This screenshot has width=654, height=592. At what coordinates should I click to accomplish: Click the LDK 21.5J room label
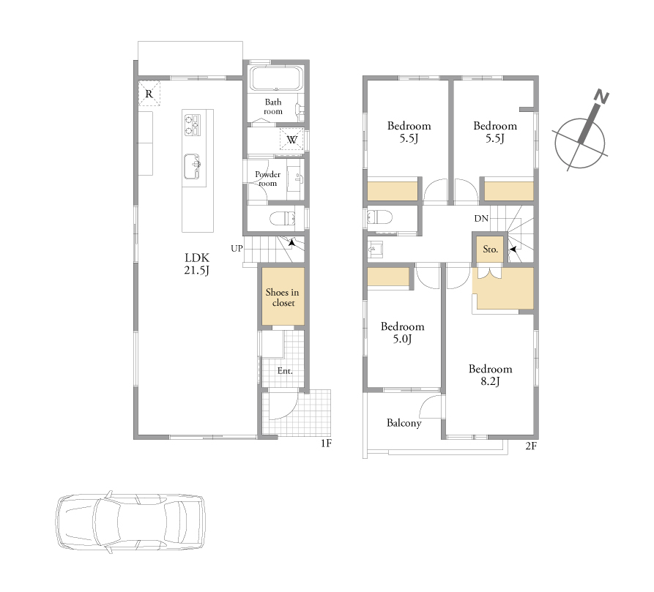click(196, 263)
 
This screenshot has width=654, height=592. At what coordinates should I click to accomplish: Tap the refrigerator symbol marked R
click(149, 94)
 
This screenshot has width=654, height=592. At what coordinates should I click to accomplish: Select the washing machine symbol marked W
click(291, 139)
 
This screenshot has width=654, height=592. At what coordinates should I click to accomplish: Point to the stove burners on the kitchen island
click(193, 125)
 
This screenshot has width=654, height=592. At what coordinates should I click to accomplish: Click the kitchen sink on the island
click(193, 166)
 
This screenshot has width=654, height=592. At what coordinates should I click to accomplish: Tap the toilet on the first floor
click(283, 218)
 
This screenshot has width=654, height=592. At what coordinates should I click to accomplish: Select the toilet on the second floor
click(379, 217)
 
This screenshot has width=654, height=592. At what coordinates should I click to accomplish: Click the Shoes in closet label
click(283, 297)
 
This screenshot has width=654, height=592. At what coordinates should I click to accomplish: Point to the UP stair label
click(237, 248)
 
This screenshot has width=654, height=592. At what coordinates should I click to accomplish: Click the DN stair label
click(481, 218)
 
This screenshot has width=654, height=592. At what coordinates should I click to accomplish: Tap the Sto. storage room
click(490, 249)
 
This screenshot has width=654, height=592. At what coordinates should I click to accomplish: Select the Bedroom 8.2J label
click(490, 375)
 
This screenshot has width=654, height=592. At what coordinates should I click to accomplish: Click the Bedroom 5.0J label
click(403, 332)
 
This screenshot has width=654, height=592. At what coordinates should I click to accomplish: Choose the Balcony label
click(404, 423)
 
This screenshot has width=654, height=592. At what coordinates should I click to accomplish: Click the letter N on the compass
click(601, 97)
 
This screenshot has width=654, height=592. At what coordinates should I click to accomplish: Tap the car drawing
click(130, 521)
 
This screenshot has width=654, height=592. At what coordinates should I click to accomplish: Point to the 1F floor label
click(326, 443)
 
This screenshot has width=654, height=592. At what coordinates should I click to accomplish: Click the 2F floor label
click(531, 446)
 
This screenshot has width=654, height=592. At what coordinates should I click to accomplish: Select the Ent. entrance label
click(285, 370)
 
